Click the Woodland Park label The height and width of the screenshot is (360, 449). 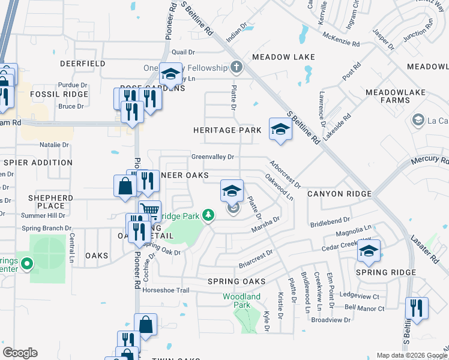tap(241, 301)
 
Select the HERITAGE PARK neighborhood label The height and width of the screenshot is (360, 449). tap(227, 130)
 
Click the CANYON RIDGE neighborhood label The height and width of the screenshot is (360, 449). tap(339, 194)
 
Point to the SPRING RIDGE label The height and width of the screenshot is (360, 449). tap(385, 272)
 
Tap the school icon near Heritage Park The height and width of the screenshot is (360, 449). tap(280, 129)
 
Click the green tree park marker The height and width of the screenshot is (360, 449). tap(208, 214)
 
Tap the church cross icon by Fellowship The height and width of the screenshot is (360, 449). tap(237, 67)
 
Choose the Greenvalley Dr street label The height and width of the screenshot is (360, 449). tap(212, 157)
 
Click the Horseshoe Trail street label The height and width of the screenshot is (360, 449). tap(166, 290)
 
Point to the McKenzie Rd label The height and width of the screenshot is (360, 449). tap(340, 44)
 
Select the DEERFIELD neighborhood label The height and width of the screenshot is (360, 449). tap(83, 63)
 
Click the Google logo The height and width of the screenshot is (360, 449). tap(20, 353)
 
